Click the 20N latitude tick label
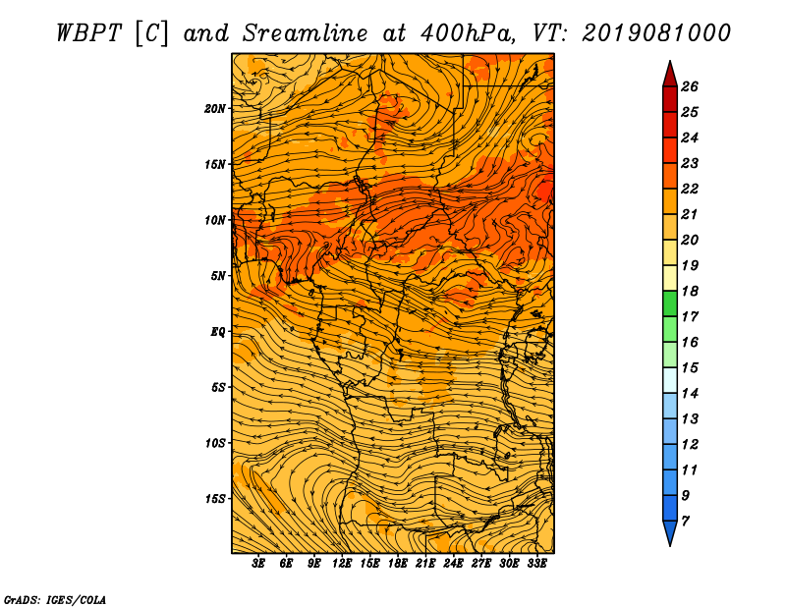click(214, 109)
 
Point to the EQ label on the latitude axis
click(217, 332)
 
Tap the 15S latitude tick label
click(214, 499)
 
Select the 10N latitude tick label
click(214, 220)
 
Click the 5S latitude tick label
click(217, 387)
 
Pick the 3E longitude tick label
click(257, 564)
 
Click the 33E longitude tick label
click(536, 564)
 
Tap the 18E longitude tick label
click(397, 564)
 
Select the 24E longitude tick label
click(453, 564)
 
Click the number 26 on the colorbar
click(690, 86)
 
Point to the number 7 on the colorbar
click(685, 522)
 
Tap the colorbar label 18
click(690, 291)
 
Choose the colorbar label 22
click(690, 189)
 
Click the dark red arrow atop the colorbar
click(670, 76)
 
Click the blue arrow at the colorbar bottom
click(670, 531)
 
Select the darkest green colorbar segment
click(670, 303)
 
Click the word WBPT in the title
click(88, 33)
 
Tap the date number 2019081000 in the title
click(656, 33)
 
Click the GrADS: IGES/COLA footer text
click(55, 600)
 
